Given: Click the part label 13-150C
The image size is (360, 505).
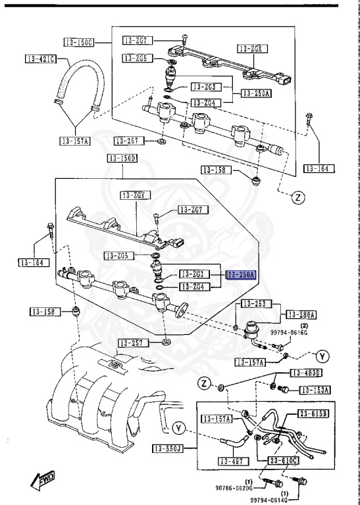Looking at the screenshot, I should pyautogui.click(x=78, y=43).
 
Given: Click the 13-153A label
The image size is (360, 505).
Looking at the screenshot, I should pyautogui.click(x=315, y=390).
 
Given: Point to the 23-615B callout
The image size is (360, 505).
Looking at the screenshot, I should pyautogui.click(x=315, y=414).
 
